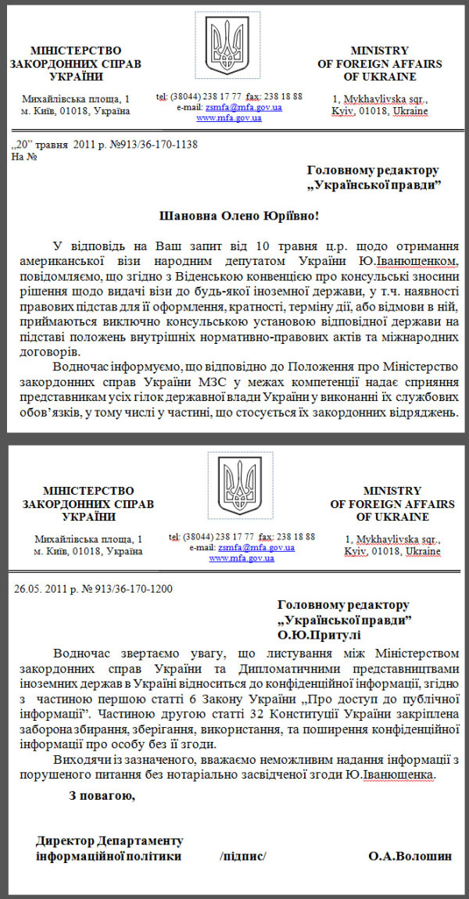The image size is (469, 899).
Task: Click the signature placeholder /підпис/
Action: point(244,856)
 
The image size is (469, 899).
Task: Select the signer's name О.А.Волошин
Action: point(410,856)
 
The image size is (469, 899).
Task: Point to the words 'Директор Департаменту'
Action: point(109,841)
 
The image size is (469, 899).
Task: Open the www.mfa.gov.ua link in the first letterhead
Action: point(228,118)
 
